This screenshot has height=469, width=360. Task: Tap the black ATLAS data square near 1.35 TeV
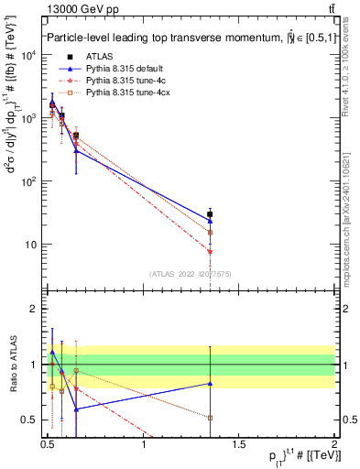pos(211,214)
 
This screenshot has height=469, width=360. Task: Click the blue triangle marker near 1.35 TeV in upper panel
pos(211,221)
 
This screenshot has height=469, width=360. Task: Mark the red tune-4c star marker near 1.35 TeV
pos(211,251)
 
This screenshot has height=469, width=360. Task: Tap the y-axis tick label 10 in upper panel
pos(31,245)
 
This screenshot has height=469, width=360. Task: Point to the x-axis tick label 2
pos(334,446)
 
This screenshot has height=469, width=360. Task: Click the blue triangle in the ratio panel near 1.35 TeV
pos(211,384)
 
